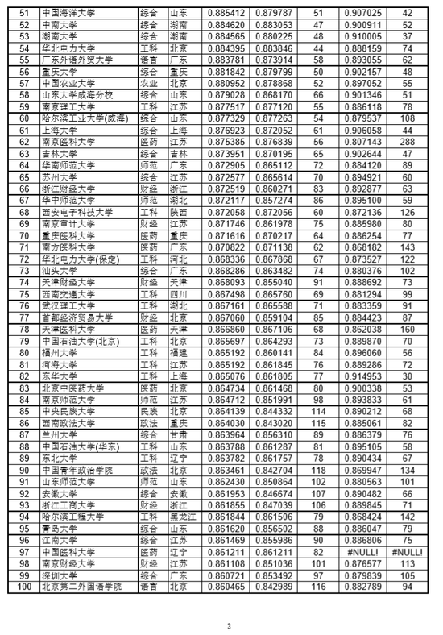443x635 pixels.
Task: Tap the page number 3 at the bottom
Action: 228,604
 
